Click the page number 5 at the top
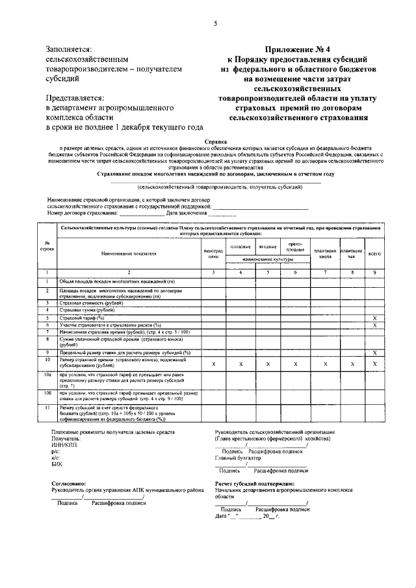click(x=214, y=24)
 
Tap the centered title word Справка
click(x=215, y=140)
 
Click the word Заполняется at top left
click(x=69, y=49)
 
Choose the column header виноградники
click(x=213, y=253)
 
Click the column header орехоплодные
click(x=295, y=246)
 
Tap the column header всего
click(x=374, y=253)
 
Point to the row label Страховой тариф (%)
click(x=82, y=318)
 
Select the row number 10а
click(x=47, y=375)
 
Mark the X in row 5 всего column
click(x=374, y=318)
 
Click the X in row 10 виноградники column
click(x=213, y=364)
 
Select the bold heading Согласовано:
click(x=68, y=484)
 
